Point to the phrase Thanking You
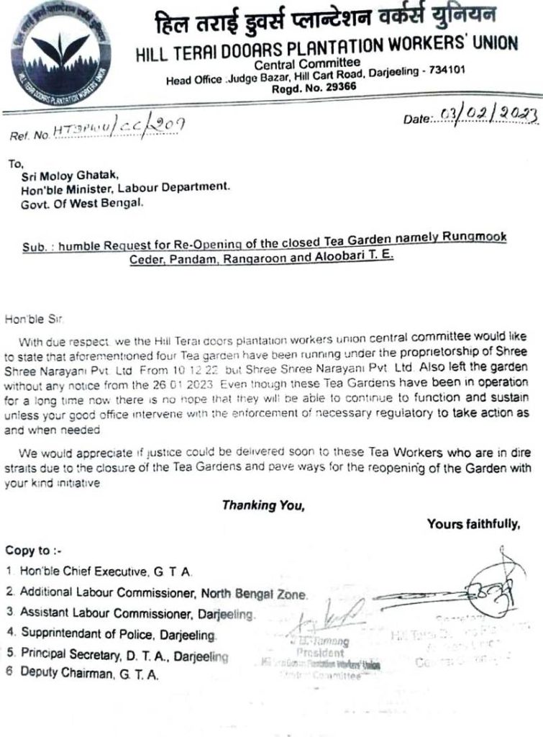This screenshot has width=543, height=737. tap(263, 505)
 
